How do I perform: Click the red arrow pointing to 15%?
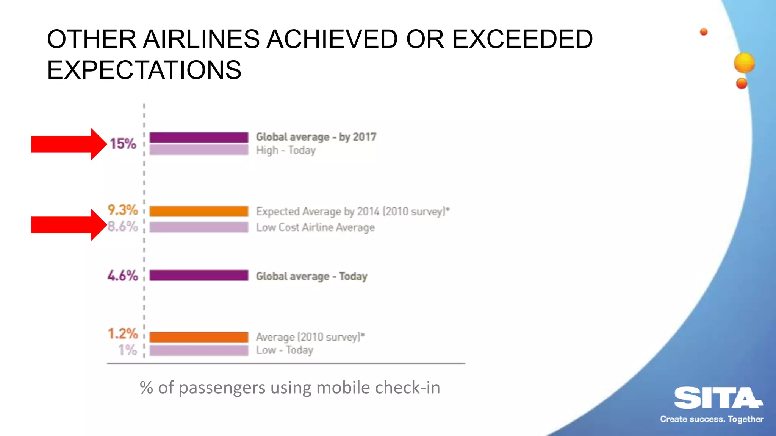68,144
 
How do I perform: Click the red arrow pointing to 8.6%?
68,225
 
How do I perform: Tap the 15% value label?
123,144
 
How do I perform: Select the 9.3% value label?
123,210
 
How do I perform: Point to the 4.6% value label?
123,276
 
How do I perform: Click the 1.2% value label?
123,334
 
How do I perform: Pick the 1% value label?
127,350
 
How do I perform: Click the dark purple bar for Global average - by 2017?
199,137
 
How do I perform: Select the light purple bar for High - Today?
199,150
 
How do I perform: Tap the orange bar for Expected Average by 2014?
199,211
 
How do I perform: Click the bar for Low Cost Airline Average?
199,227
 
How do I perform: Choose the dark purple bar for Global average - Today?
199,276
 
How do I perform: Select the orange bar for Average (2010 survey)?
199,337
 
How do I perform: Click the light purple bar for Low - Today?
199,350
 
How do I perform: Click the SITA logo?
717,398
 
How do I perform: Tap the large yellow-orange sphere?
744,63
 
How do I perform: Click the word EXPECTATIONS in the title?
144,70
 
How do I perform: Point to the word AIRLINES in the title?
201,39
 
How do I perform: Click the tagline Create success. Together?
712,419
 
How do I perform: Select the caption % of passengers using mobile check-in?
290,388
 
